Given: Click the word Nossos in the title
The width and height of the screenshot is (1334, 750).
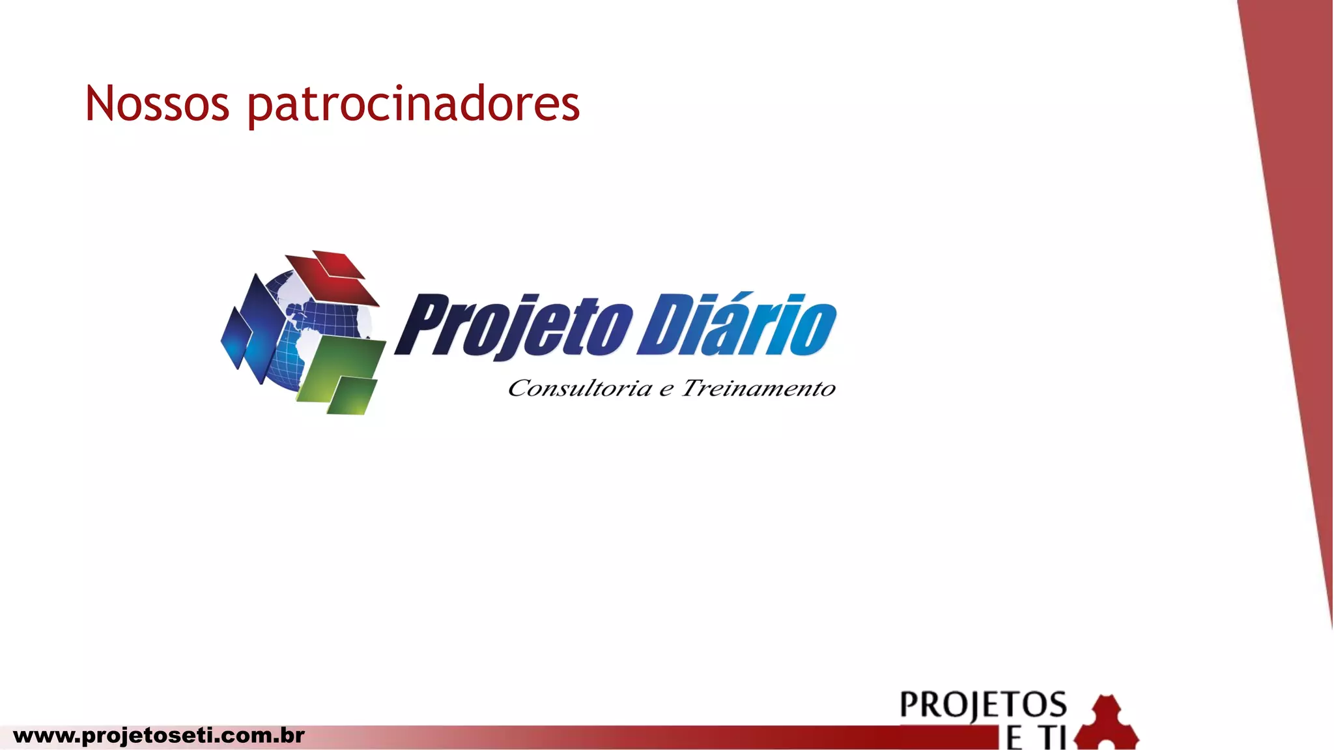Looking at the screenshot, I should (x=157, y=104).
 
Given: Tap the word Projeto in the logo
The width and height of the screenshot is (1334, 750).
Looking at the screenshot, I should (x=515, y=326).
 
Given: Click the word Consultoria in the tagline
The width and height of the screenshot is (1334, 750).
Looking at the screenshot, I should (x=579, y=389).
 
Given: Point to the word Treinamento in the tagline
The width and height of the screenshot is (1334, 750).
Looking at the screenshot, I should (x=758, y=389).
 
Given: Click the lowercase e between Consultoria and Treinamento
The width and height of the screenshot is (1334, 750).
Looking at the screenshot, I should (x=666, y=391).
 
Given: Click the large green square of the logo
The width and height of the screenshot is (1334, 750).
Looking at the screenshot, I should (x=342, y=365).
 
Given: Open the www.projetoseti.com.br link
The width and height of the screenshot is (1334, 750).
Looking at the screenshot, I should (x=158, y=736).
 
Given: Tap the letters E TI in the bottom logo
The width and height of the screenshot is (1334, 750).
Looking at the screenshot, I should (x=1036, y=738).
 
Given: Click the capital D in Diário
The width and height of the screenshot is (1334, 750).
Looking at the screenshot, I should (x=664, y=326).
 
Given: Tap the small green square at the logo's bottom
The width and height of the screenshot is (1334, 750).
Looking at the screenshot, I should (x=352, y=396).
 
